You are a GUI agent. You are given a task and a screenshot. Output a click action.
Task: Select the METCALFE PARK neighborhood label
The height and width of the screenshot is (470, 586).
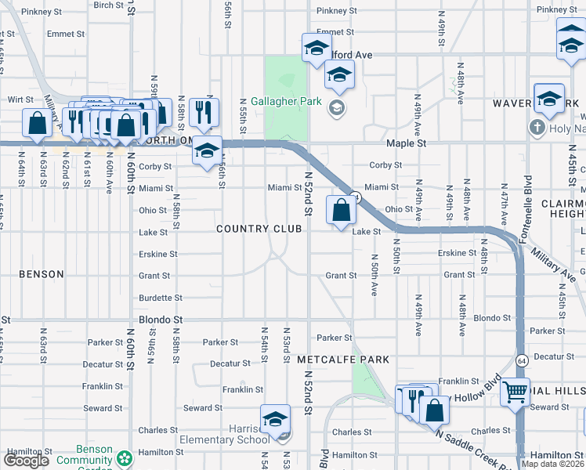[343, 360]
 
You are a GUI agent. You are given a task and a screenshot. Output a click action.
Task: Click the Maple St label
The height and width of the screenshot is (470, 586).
[406, 144]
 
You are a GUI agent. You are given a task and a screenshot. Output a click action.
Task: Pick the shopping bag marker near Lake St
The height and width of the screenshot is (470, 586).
[341, 211]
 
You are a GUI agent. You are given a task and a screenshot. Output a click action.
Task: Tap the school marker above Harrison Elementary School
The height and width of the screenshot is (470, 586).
[276, 421]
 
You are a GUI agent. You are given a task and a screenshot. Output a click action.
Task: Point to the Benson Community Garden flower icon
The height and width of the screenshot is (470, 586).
[124, 457]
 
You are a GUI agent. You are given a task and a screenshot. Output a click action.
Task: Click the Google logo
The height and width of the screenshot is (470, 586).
[27, 461]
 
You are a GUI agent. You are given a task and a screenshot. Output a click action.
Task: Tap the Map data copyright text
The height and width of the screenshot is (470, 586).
[553, 464]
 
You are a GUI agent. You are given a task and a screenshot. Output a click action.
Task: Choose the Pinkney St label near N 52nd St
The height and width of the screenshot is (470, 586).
[336, 12]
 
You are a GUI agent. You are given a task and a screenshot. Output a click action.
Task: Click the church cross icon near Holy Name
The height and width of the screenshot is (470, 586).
[537, 127]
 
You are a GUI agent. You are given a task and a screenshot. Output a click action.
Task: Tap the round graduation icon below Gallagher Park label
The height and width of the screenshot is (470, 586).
[338, 108]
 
